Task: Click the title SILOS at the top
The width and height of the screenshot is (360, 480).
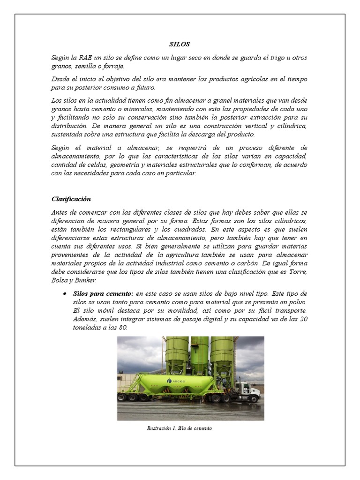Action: (180, 45)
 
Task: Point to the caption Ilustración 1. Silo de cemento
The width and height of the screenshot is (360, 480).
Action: (180, 428)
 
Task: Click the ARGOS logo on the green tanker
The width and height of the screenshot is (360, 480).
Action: (176, 381)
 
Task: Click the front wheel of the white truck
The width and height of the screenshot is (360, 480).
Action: (254, 399)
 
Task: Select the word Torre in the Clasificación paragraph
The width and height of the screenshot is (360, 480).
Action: (299, 272)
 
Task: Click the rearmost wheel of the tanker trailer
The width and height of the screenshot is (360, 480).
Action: (121, 397)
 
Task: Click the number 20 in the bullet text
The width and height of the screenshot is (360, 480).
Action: (303, 320)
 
